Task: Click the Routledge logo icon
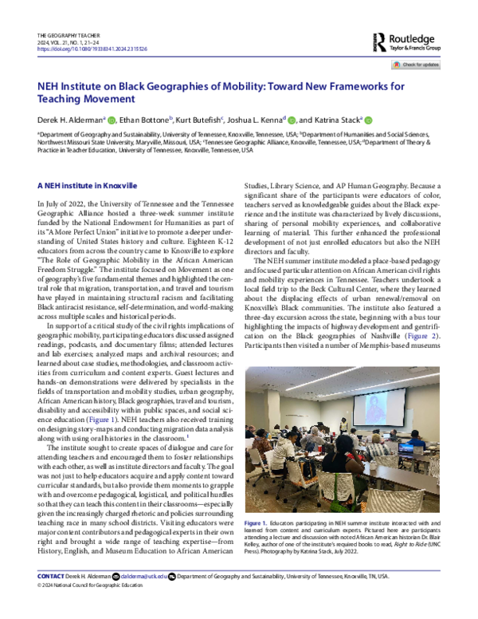[383, 41]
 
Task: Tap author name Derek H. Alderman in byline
[70, 120]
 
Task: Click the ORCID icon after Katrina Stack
[368, 120]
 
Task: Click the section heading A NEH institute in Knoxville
[88, 183]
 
